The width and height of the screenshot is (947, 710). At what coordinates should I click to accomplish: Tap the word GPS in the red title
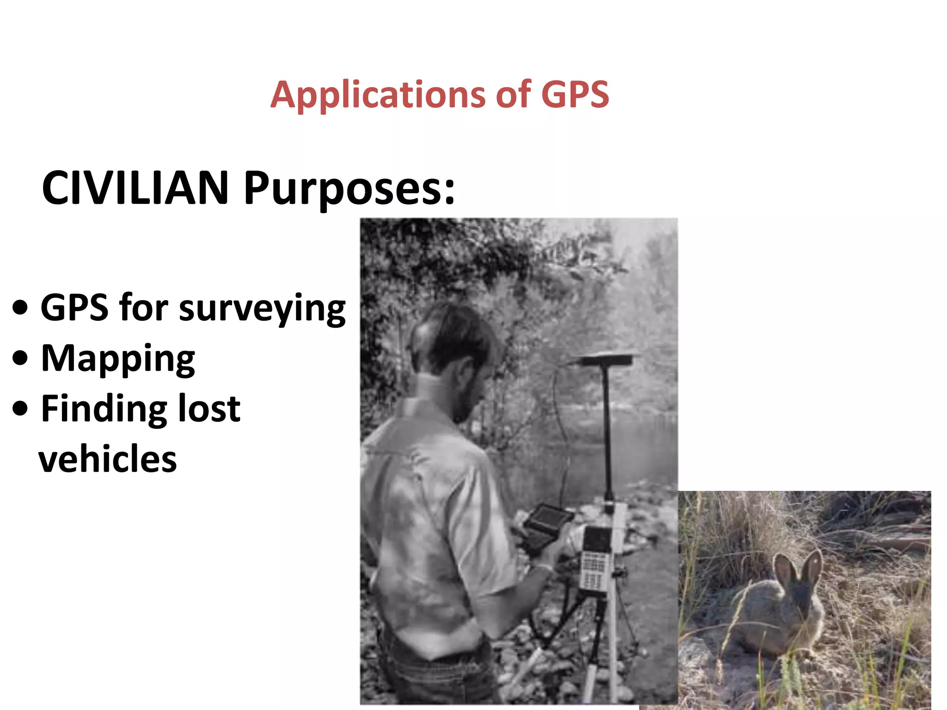(x=575, y=95)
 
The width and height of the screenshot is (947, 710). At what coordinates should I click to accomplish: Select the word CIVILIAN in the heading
(x=135, y=188)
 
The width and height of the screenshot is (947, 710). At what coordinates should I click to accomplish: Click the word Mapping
(x=118, y=359)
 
